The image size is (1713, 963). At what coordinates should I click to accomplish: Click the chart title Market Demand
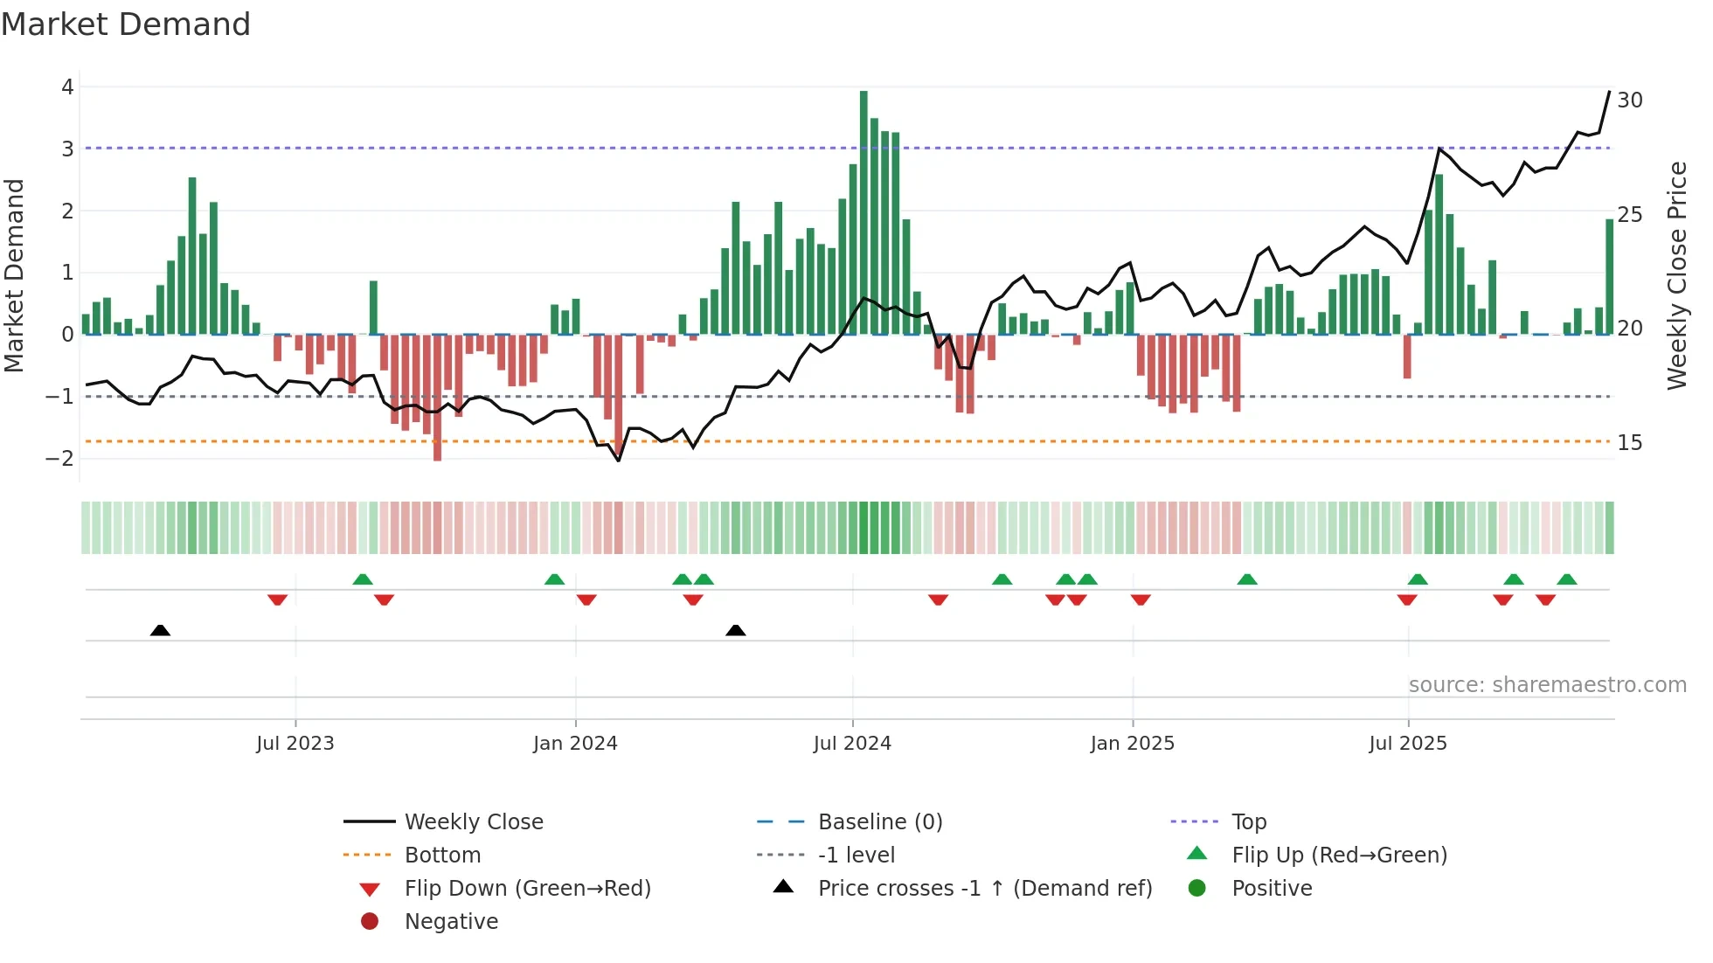126,24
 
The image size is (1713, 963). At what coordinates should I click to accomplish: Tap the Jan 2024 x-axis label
575,744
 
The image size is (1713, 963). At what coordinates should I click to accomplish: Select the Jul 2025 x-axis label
1408,744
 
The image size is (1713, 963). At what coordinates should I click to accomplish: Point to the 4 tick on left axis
67,87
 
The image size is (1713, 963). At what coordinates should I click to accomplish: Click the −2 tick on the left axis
60,458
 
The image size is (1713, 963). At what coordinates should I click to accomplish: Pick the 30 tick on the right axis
1629,100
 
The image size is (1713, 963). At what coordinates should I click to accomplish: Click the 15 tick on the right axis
1629,443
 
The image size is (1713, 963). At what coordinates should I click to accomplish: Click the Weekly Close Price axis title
1676,275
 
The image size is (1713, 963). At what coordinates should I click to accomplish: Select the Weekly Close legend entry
473,822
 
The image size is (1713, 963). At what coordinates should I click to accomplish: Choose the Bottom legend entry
442,856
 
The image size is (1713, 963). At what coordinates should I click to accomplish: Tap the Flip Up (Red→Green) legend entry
1339,856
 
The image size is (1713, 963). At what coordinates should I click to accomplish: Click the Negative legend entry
451,922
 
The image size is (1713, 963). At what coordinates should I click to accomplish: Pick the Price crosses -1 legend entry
984,889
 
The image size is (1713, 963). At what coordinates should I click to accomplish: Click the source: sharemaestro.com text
1547,685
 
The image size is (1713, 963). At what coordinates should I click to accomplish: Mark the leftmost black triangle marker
160,631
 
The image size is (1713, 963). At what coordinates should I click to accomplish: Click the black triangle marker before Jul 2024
736,631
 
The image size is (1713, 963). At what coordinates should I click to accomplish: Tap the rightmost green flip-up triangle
1567,579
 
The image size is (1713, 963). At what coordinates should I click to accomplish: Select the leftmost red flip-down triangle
277,599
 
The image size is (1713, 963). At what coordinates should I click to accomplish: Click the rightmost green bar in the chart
1609,277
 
